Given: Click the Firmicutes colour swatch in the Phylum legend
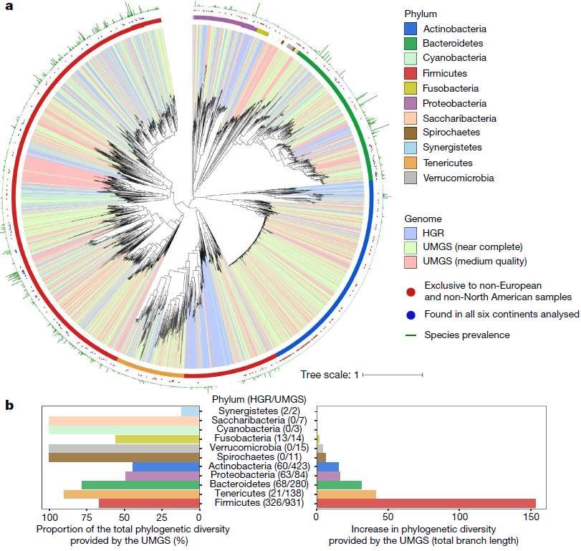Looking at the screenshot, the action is point(410,73).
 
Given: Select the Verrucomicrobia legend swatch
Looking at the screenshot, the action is point(410,178).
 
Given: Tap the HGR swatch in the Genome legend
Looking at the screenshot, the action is point(410,233).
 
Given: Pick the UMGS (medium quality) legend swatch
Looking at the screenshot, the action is point(410,262).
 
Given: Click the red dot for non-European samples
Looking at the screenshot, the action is point(410,292).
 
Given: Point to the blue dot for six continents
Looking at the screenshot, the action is point(410,315).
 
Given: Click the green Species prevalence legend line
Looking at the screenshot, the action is point(411,335).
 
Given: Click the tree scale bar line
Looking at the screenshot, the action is point(393,375).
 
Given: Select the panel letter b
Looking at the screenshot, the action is point(9,405).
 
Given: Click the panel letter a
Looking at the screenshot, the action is point(9,6).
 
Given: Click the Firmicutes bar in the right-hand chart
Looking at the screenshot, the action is point(426,503).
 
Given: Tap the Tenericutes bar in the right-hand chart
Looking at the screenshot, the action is point(347,494).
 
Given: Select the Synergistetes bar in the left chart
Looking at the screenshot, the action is point(191,411).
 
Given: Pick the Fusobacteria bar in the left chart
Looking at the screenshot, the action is point(158,439).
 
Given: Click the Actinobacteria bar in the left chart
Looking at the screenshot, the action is point(166,466).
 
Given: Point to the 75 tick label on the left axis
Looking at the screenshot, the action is point(87,517).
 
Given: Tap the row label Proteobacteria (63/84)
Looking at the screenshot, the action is point(259,475).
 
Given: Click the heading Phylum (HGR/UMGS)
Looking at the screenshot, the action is point(259,399).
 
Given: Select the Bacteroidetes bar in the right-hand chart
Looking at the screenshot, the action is point(339,485).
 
